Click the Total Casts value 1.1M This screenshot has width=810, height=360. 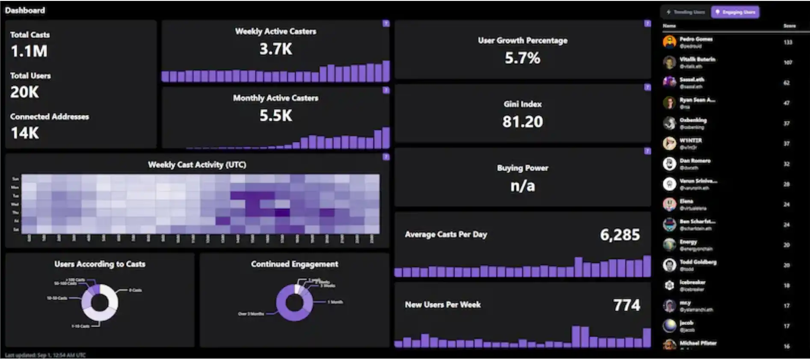[29, 51]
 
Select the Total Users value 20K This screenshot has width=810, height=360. [24, 92]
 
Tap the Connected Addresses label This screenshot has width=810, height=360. [50, 116]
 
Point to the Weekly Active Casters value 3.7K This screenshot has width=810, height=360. [276, 49]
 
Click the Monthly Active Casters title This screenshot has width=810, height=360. [276, 98]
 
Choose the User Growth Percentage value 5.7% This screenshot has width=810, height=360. [522, 58]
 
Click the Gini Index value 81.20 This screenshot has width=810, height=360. [522, 122]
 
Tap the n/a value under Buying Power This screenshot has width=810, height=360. [522, 186]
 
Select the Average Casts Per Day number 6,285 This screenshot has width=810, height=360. [620, 235]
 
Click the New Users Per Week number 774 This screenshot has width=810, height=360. [627, 305]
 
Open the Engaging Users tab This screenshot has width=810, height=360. [735, 12]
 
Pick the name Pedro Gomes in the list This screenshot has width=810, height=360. [696, 39]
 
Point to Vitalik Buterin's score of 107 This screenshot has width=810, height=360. [788, 62]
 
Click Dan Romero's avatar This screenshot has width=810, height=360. [669, 164]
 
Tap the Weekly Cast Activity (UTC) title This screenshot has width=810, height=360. [197, 165]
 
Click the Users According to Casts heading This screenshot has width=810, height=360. [100, 264]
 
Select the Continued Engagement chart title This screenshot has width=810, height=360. [294, 264]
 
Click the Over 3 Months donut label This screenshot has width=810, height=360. [251, 314]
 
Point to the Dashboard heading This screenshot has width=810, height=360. [25, 10]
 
